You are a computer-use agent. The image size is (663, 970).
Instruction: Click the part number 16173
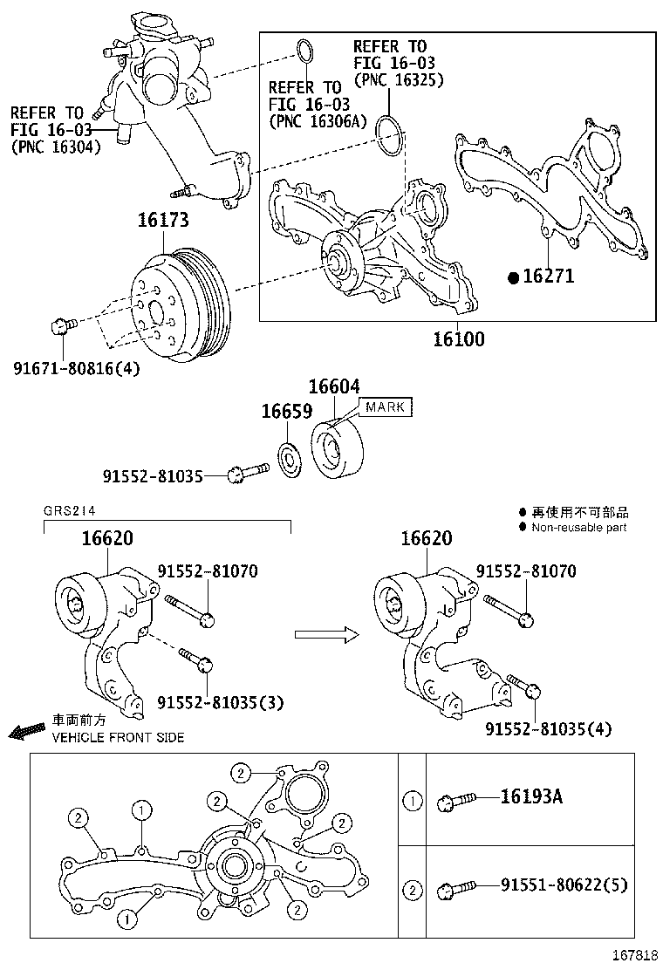click(162, 221)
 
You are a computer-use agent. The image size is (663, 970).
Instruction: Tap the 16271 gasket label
click(549, 277)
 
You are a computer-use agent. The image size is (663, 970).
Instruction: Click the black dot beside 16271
click(514, 277)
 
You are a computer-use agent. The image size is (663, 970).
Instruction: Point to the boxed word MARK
click(385, 407)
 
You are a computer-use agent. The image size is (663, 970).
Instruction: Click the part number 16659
click(287, 412)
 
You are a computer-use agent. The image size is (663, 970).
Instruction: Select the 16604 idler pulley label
click(333, 386)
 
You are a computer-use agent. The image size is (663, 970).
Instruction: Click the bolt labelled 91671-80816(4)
click(60, 326)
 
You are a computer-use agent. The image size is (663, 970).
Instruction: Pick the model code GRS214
click(67, 512)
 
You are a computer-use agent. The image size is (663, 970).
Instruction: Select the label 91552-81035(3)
click(220, 702)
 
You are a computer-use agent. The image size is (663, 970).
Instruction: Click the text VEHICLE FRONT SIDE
click(118, 737)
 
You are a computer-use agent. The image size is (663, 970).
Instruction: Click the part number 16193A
click(531, 796)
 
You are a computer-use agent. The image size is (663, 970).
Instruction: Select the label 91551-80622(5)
click(564, 885)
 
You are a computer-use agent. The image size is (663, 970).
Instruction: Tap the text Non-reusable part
click(578, 527)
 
